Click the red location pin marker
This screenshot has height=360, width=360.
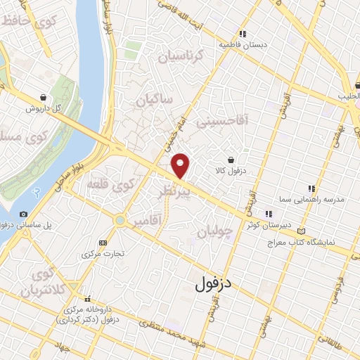point(181,166)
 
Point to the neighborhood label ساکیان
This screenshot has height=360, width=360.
point(154,101)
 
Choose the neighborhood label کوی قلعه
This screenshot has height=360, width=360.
point(110,185)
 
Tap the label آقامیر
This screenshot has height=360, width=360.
point(166,221)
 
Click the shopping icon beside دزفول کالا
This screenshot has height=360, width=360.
point(231,158)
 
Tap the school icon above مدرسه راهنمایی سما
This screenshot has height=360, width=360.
point(311,188)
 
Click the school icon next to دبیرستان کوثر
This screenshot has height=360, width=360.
point(268,214)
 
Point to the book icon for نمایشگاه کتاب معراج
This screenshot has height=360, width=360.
point(302,231)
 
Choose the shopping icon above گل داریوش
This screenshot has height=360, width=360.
point(44,97)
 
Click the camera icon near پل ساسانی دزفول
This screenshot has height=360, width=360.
point(24,214)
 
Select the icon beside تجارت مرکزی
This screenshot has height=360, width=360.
point(104,242)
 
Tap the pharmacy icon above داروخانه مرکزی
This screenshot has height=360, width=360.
point(89,299)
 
